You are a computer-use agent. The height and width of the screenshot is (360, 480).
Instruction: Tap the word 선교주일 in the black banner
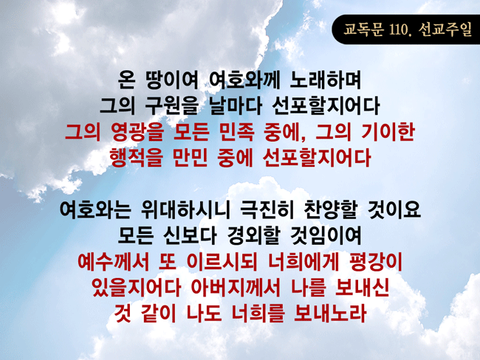click(445, 30)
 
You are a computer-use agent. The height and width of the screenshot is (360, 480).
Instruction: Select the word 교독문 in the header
click(363, 30)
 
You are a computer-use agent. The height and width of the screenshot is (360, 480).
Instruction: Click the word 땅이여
click(172, 80)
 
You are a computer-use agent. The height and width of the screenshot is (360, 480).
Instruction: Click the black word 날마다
click(235, 105)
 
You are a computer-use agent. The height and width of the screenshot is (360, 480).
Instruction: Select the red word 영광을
click(138, 132)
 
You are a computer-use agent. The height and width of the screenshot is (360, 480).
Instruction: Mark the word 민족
click(236, 132)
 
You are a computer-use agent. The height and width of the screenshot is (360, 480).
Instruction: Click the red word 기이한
click(388, 132)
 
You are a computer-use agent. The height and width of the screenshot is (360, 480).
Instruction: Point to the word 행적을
click(136, 158)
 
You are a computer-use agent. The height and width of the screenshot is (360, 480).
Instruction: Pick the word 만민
click(191, 158)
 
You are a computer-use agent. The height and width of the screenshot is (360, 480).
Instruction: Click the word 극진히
click(267, 210)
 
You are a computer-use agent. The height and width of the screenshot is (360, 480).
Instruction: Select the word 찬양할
click(331, 210)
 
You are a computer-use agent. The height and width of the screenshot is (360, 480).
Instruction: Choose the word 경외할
click(253, 235)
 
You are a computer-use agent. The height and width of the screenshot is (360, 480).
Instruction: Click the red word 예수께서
click(113, 262)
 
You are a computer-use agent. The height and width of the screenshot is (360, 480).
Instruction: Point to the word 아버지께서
click(236, 288)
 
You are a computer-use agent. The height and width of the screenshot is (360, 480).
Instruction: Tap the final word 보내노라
click(330, 314)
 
